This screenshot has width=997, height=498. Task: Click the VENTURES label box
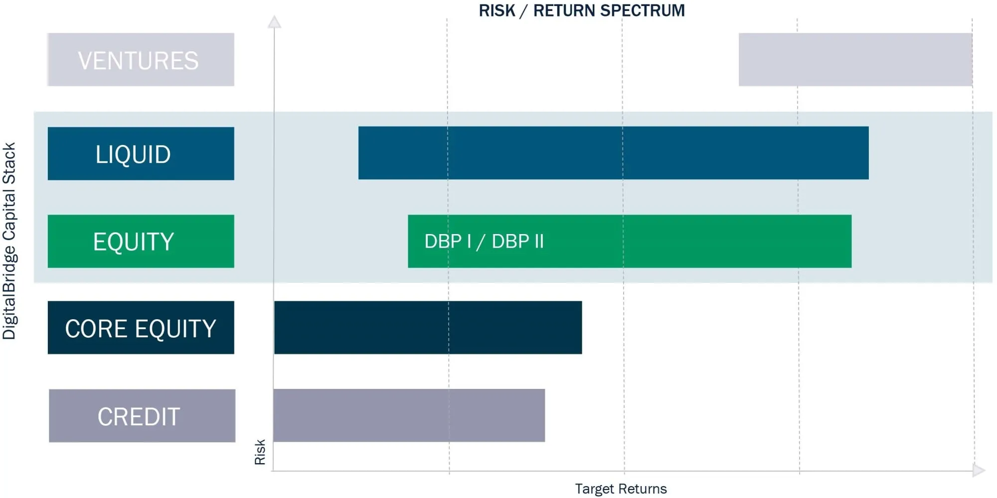pos(141,60)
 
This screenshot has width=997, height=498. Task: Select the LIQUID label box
pos(141,153)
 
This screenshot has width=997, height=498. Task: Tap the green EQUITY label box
pos(141,241)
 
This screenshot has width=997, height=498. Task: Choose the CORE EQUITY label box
pos(141,328)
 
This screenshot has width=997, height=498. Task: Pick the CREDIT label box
pos(142,416)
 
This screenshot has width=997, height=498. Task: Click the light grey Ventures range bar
pos(855,60)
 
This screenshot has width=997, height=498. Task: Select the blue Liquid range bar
pos(613,153)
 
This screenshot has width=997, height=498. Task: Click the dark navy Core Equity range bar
pos(428,328)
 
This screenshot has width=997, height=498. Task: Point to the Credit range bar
pos(409,415)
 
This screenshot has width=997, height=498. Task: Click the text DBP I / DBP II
pos(484,242)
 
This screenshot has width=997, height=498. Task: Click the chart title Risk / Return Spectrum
pos(582,10)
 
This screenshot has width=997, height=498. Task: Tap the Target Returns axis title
pos(621,489)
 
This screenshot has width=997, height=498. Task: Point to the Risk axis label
pos(260,452)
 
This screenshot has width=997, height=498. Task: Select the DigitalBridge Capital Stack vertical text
pos(9,241)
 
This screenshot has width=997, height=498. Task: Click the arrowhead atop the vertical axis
pos(274,22)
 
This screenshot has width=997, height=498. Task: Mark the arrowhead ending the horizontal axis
pos(978,470)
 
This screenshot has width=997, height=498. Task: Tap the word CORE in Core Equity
pos(97,329)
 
